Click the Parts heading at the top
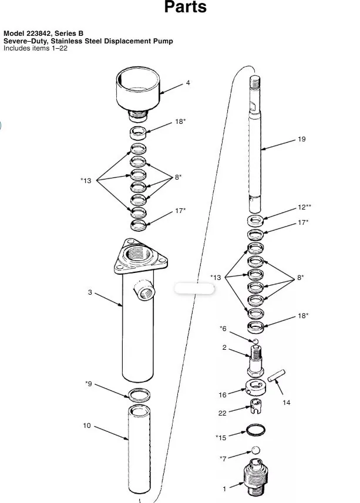click(185, 6)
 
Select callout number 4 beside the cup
click(188, 83)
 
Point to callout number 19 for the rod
click(302, 139)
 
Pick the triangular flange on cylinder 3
click(140, 256)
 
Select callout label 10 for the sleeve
click(87, 426)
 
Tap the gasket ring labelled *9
click(139, 395)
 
